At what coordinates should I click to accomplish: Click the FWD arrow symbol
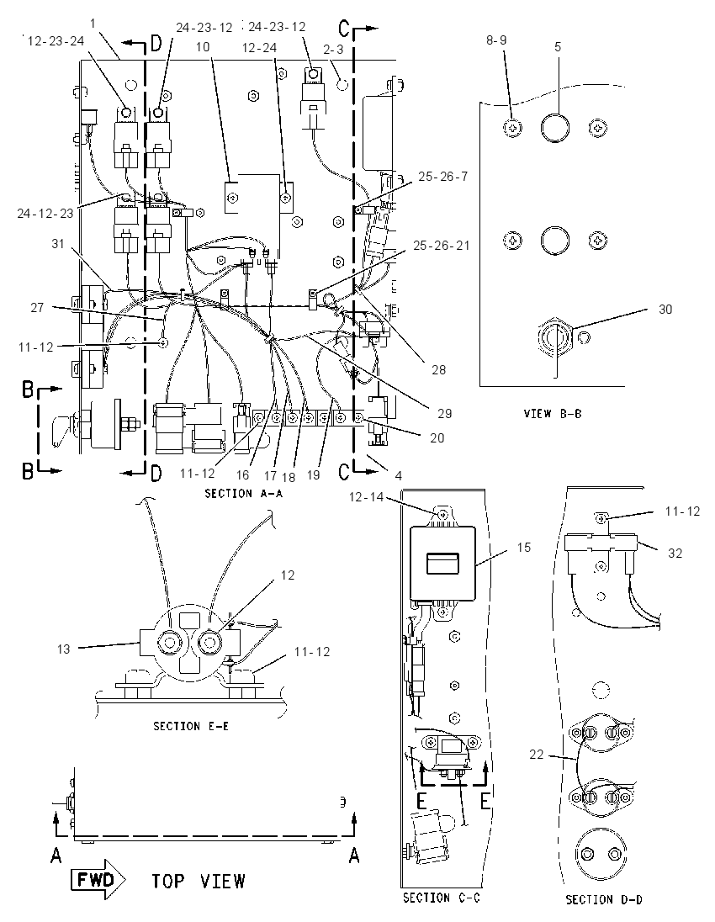(x=98, y=880)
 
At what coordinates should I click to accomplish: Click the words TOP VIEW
(x=199, y=881)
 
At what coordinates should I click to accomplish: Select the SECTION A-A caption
(x=243, y=493)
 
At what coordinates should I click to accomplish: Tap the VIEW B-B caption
(x=553, y=413)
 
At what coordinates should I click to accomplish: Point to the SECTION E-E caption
(x=191, y=726)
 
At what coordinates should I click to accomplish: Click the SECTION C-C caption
(x=441, y=898)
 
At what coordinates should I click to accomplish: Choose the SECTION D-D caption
(x=604, y=899)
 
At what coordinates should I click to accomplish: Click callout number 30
(x=665, y=310)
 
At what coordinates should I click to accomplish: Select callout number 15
(x=523, y=548)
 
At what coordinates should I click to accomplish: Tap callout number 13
(x=63, y=649)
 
